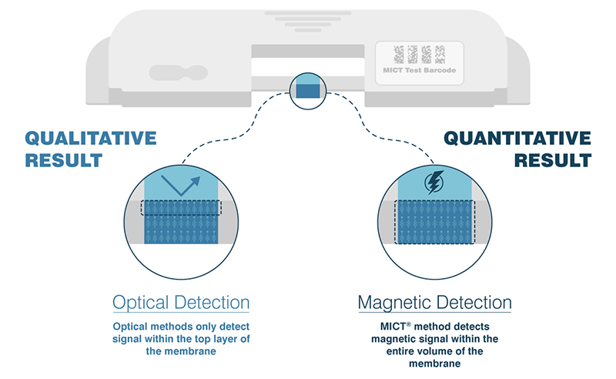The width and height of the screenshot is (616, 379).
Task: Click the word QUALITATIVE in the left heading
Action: pyautogui.click(x=91, y=139)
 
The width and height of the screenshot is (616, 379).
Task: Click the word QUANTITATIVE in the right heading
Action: pyautogui.click(x=517, y=139)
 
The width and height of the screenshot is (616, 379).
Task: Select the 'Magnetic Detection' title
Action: pyautogui.click(x=434, y=302)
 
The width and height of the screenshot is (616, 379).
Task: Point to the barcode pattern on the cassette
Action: pyautogui.click(x=419, y=54)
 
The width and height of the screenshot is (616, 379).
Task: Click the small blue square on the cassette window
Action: pyautogui.click(x=309, y=90)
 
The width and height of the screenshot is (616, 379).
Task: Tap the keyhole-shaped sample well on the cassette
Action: pyautogui.click(x=176, y=73)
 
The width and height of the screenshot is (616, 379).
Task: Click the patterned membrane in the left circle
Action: pyautogui.click(x=182, y=227)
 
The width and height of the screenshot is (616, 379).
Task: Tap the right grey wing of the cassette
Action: pyautogui.click(x=521, y=73)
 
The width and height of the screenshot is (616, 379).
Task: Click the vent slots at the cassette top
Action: pyautogui.click(x=308, y=18)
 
